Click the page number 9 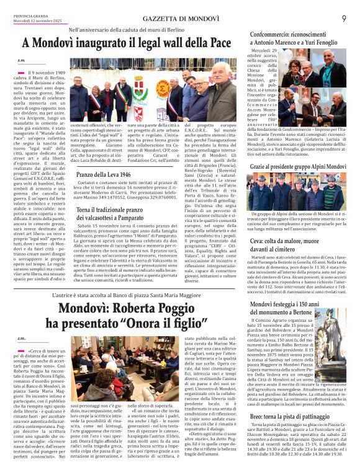(343, 18)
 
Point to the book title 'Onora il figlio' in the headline (167, 324)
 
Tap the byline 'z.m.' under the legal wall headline (22, 60)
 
